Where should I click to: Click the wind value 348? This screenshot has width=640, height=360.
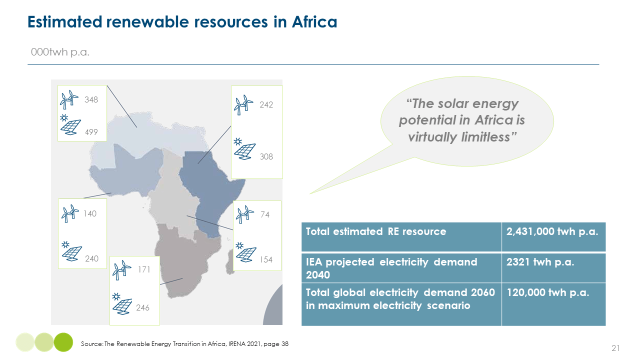(91, 99)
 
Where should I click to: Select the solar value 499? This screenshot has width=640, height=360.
(91, 132)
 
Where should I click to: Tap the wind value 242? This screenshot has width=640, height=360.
(266, 105)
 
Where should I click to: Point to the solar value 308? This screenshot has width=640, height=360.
(266, 156)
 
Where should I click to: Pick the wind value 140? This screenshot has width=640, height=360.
(90, 213)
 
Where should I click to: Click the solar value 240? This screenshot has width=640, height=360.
(91, 258)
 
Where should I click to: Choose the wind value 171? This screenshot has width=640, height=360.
(144, 269)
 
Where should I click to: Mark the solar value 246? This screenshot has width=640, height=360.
(142, 307)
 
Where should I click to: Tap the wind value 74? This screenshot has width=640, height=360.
(265, 214)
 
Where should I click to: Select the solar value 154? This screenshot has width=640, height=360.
(266, 259)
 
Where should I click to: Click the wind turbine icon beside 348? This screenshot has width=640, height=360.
(69, 99)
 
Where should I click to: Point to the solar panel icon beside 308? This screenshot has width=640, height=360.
(244, 149)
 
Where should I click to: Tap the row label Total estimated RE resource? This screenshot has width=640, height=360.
(375, 231)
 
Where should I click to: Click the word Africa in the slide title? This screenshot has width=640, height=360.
(314, 22)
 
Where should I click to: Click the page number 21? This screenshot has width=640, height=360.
(615, 348)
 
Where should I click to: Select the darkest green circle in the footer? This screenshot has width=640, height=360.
(63, 342)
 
